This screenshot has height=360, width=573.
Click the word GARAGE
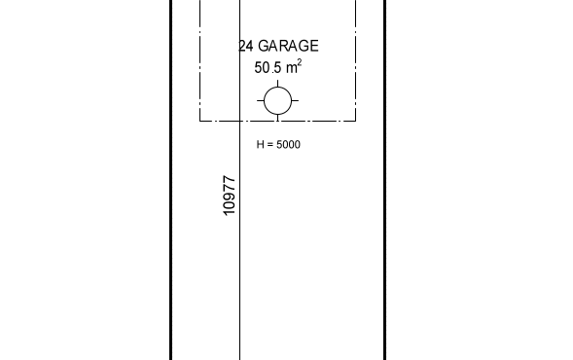[x=288, y=46]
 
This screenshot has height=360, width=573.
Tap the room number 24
[x=246, y=46]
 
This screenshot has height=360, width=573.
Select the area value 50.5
[x=269, y=68]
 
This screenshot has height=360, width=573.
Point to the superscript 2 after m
[x=300, y=63]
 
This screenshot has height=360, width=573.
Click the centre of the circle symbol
[x=277, y=100]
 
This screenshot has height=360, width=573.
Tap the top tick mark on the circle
[x=277, y=84]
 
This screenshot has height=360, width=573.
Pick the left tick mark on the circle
[x=260, y=100]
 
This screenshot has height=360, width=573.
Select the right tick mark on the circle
[x=295, y=100]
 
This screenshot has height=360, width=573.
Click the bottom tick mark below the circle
[x=277, y=118]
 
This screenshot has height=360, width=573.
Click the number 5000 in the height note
[x=288, y=145]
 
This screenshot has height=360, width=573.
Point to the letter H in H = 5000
[x=260, y=145]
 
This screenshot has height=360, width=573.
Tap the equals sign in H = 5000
[x=270, y=145]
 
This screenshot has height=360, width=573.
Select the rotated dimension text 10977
[x=230, y=196]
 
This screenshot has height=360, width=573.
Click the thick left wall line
[x=170, y=180]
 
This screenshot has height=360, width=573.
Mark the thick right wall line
[x=385, y=180]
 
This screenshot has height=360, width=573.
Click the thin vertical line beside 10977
[x=239, y=180]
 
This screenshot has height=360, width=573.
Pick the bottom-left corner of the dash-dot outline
[x=199, y=121]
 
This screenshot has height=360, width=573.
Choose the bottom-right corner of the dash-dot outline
[x=355, y=121]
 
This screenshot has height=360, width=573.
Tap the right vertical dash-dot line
[x=355, y=60]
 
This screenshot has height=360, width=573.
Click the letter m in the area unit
[x=292, y=69]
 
